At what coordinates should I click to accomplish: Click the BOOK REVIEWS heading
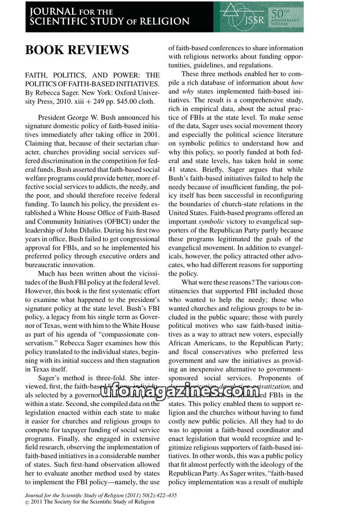(77, 50)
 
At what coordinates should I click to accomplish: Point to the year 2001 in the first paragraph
(149, 134)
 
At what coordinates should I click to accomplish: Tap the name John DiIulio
(81, 231)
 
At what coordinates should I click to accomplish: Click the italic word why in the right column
(188, 91)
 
